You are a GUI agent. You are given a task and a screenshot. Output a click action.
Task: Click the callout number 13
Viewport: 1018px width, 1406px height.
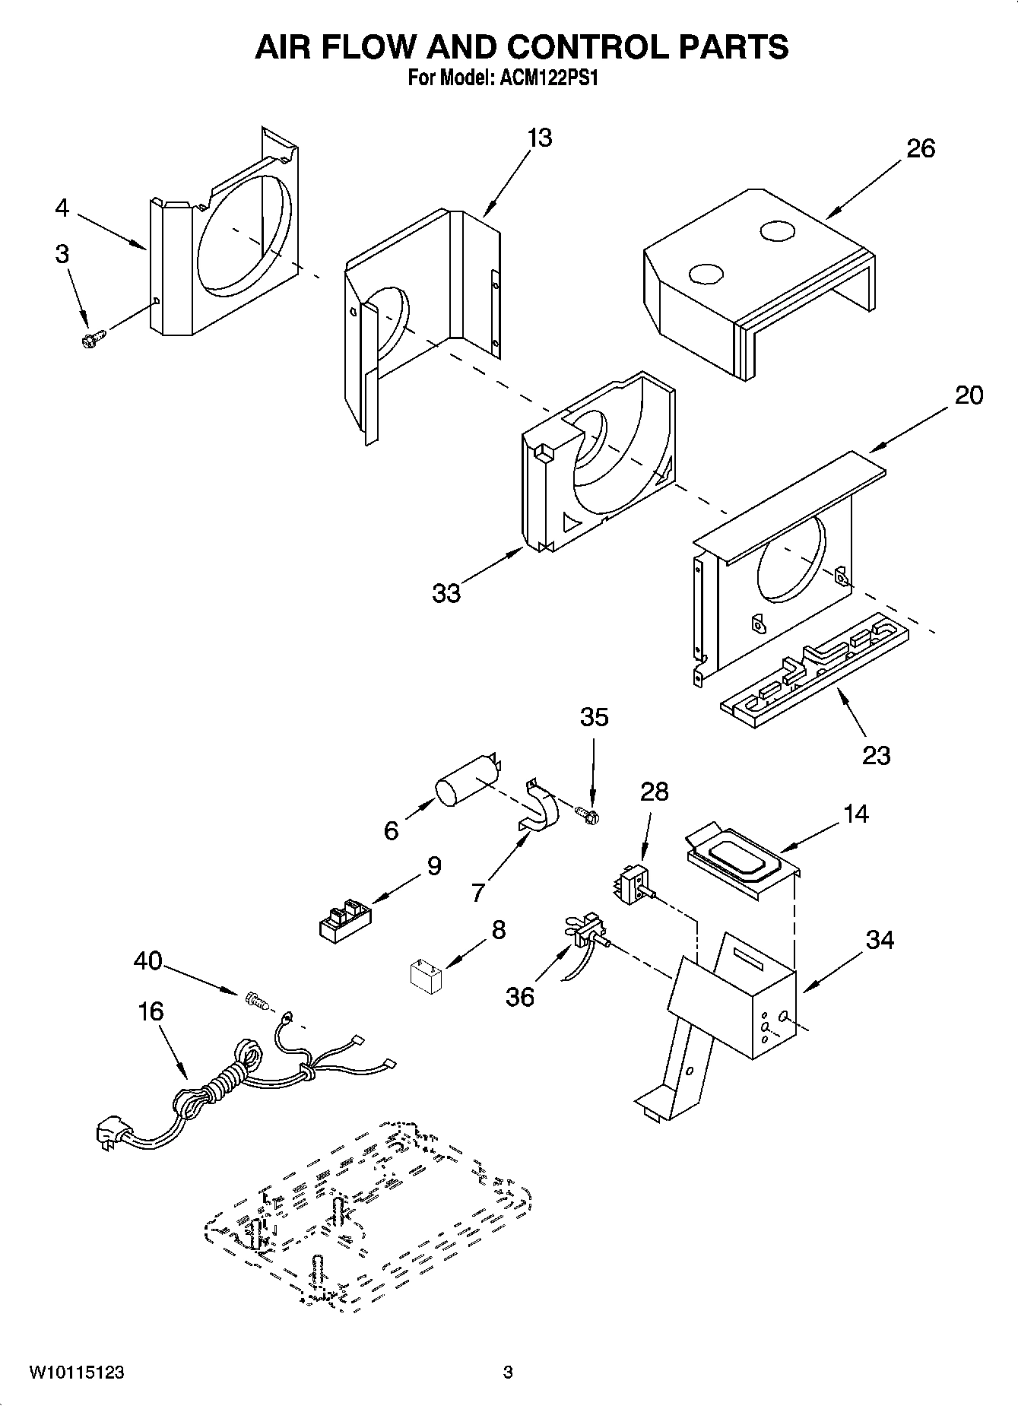pyautogui.click(x=539, y=138)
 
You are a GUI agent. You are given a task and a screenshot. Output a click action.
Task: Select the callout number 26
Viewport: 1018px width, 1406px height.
pyautogui.click(x=920, y=148)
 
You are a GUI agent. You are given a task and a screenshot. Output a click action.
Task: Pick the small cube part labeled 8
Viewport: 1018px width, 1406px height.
pyautogui.click(x=426, y=976)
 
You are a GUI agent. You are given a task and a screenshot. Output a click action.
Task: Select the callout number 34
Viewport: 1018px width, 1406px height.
pyautogui.click(x=880, y=941)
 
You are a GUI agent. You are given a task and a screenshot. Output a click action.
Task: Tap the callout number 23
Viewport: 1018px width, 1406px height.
pyautogui.click(x=876, y=755)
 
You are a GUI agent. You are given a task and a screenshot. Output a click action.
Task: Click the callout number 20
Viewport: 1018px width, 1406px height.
pyautogui.click(x=968, y=395)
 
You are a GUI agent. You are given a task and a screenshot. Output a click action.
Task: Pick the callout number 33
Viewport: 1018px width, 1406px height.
pyautogui.click(x=446, y=593)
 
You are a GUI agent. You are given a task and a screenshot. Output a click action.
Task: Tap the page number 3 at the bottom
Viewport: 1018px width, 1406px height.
pyautogui.click(x=508, y=1373)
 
